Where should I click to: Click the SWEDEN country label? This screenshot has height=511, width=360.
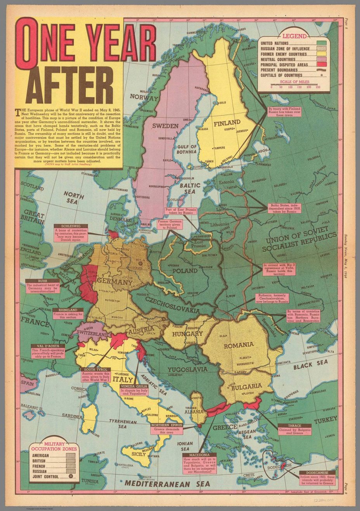point(165,126)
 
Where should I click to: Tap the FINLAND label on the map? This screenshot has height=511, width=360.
point(225,124)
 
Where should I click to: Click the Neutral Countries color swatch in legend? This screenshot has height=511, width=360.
point(321,59)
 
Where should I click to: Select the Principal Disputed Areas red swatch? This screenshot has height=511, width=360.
point(321,65)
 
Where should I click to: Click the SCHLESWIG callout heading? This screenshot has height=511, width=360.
point(70,226)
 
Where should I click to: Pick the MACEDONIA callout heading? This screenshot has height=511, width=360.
point(200,454)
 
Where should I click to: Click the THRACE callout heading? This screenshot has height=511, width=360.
point(295,425)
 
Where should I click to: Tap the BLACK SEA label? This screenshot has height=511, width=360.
point(310,365)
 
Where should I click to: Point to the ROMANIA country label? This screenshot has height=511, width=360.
point(239,344)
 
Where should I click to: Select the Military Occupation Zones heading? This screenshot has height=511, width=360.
point(54,446)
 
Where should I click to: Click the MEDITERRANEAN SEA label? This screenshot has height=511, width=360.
point(167,484)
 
